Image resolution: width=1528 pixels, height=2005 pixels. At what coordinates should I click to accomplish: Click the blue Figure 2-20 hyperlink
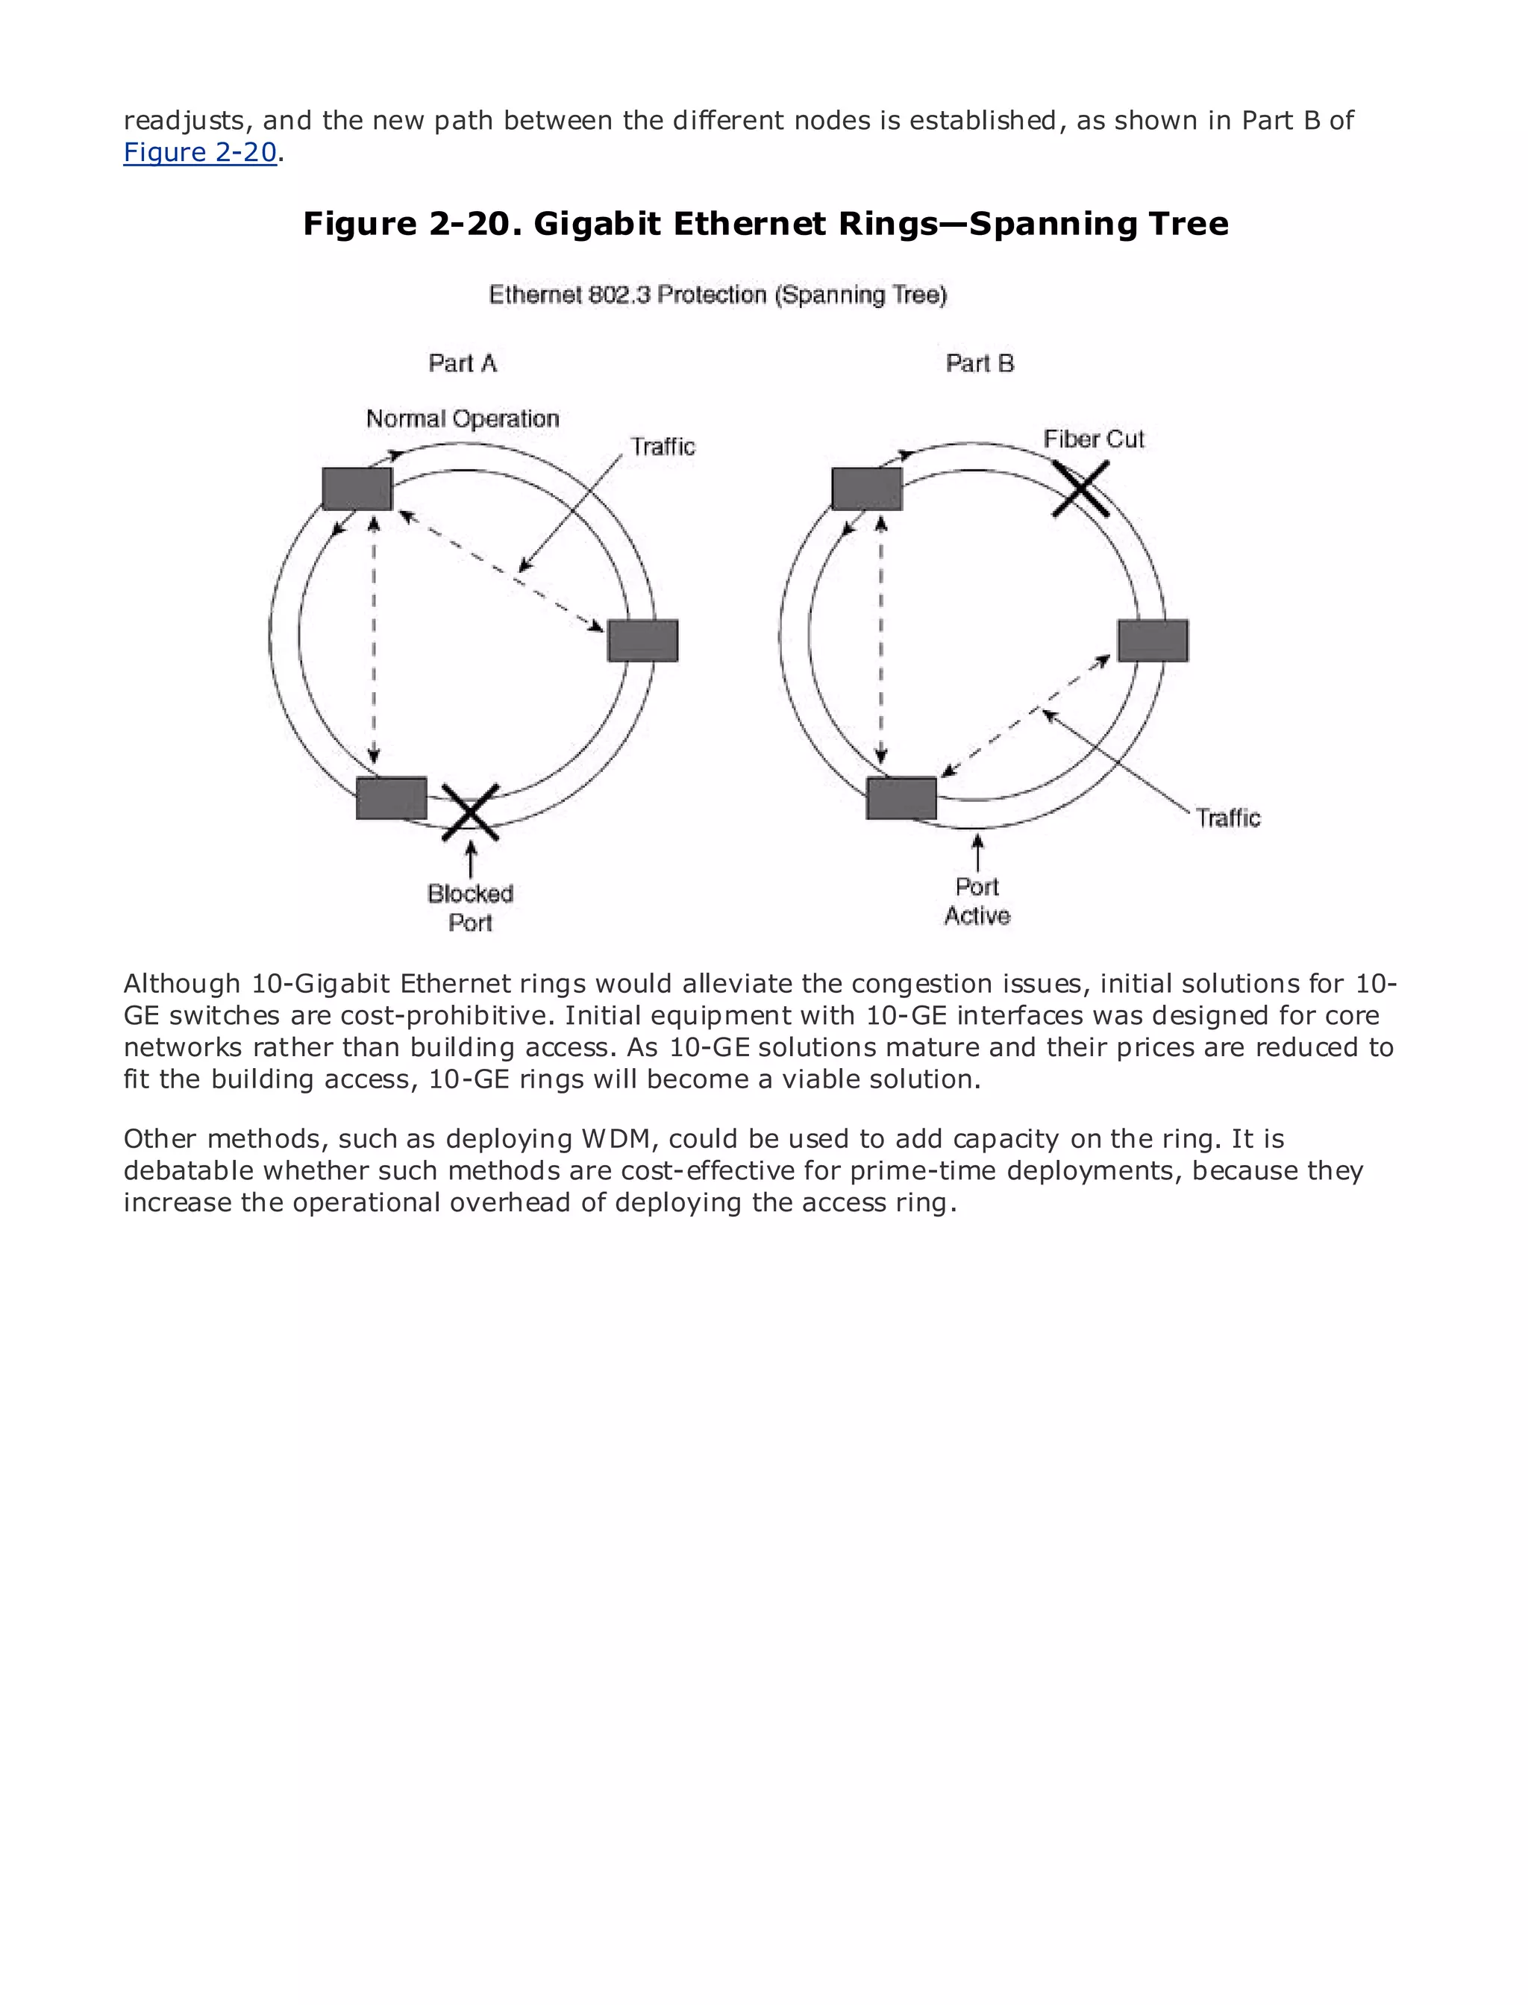pyautogui.click(x=200, y=153)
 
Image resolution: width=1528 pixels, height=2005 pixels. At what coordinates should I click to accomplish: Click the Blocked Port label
pyautogui.click(x=470, y=908)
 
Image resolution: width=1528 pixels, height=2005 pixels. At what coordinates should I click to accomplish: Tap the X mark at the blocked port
pyautogui.click(x=470, y=812)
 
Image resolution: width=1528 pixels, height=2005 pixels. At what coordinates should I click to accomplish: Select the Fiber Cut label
pyautogui.click(x=1093, y=439)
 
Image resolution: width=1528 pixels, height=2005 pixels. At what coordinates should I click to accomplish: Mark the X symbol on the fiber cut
pyautogui.click(x=1081, y=489)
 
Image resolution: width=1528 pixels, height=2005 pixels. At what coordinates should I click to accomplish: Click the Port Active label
pyautogui.click(x=977, y=901)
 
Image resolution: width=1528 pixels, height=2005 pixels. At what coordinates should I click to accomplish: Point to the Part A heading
pyautogui.click(x=463, y=364)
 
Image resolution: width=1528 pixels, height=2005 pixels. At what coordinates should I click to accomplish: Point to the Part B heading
pyautogui.click(x=980, y=364)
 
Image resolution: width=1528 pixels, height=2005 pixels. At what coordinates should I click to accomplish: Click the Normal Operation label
pyautogui.click(x=462, y=419)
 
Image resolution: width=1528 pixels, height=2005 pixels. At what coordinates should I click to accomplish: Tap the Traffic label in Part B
pyautogui.click(x=1228, y=818)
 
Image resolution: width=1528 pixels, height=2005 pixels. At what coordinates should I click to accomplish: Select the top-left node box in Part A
pyautogui.click(x=357, y=489)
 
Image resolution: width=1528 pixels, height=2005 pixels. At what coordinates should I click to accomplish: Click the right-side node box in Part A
pyautogui.click(x=643, y=640)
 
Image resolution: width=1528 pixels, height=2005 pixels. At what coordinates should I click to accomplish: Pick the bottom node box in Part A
pyautogui.click(x=391, y=798)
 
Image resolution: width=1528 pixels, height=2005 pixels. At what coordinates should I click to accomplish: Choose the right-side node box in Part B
pyautogui.click(x=1153, y=640)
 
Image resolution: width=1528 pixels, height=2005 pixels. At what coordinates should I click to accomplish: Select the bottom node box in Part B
pyautogui.click(x=901, y=798)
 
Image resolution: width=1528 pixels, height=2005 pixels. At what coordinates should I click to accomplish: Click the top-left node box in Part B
pyautogui.click(x=867, y=489)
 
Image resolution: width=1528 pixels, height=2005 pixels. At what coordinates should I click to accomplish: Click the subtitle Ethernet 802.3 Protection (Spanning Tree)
pyautogui.click(x=718, y=295)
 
